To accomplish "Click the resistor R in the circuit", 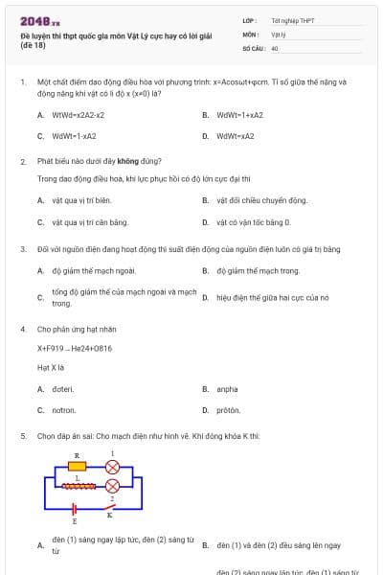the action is click(78, 467).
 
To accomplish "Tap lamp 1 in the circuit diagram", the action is click(112, 467).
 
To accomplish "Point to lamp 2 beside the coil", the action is click(112, 486).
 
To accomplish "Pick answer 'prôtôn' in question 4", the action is click(228, 409).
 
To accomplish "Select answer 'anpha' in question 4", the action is click(227, 389).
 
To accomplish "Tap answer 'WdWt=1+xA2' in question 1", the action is click(239, 115).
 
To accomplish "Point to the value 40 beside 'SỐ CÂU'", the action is click(275, 47).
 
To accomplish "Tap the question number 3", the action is click(23, 249).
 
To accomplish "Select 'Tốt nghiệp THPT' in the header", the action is click(293, 20).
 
